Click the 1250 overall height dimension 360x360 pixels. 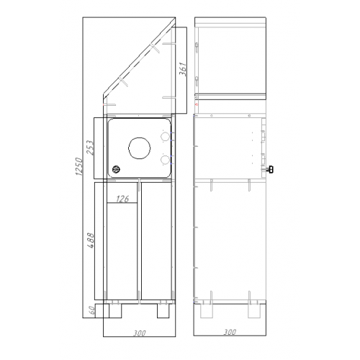coord(79,166)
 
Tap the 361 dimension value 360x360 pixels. coord(183,69)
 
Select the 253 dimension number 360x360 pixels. coord(91,148)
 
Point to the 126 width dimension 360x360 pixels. coord(122,199)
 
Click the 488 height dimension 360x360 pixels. coord(91,240)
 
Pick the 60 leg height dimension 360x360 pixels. coord(91,310)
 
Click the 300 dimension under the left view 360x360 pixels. coord(140,333)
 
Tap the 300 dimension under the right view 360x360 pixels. coord(230,332)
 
